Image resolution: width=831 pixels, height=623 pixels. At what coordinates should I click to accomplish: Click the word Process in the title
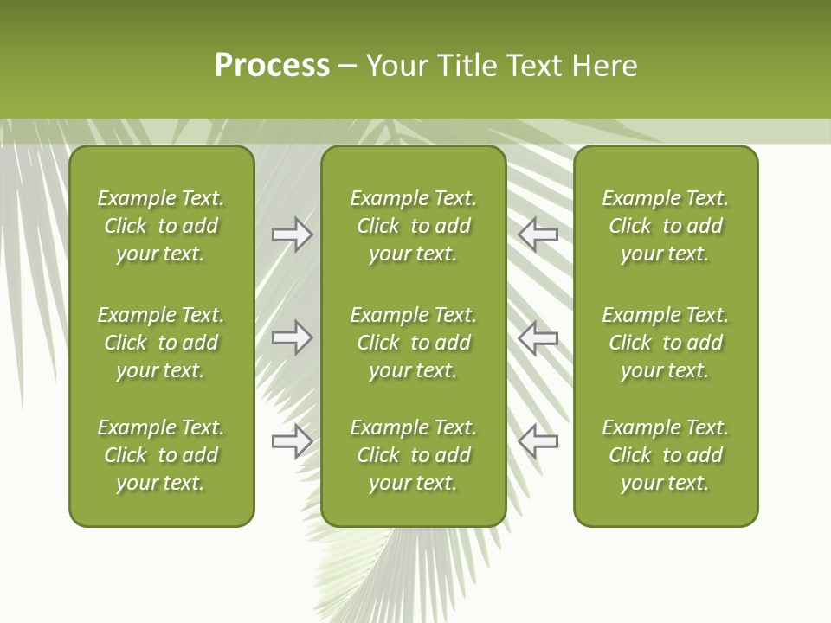272,66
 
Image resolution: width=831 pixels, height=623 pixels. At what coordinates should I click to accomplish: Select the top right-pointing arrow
292,234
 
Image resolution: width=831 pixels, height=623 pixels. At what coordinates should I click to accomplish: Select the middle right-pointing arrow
292,337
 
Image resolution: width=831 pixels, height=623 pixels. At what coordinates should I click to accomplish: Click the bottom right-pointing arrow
292,441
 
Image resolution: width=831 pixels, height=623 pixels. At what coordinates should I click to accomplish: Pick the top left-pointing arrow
538,234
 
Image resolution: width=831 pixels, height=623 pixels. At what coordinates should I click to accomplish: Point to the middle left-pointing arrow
538,337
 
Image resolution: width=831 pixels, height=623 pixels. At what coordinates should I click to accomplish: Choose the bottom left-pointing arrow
538,441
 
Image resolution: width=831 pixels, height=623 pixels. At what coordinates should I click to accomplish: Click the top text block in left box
161,226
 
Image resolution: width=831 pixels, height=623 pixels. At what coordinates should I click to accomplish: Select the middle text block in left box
161,343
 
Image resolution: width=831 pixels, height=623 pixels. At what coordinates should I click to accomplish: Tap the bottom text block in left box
161,455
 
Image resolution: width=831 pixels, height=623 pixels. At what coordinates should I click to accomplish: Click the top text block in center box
413,226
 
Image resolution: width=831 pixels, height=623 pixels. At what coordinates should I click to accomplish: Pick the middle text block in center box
413,343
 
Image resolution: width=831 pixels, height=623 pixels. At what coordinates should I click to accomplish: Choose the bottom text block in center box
413,455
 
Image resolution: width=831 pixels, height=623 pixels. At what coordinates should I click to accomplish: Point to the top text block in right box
665,226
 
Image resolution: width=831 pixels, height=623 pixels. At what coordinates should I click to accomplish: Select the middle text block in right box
665,343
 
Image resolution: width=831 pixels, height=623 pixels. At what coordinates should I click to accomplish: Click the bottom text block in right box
665,455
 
